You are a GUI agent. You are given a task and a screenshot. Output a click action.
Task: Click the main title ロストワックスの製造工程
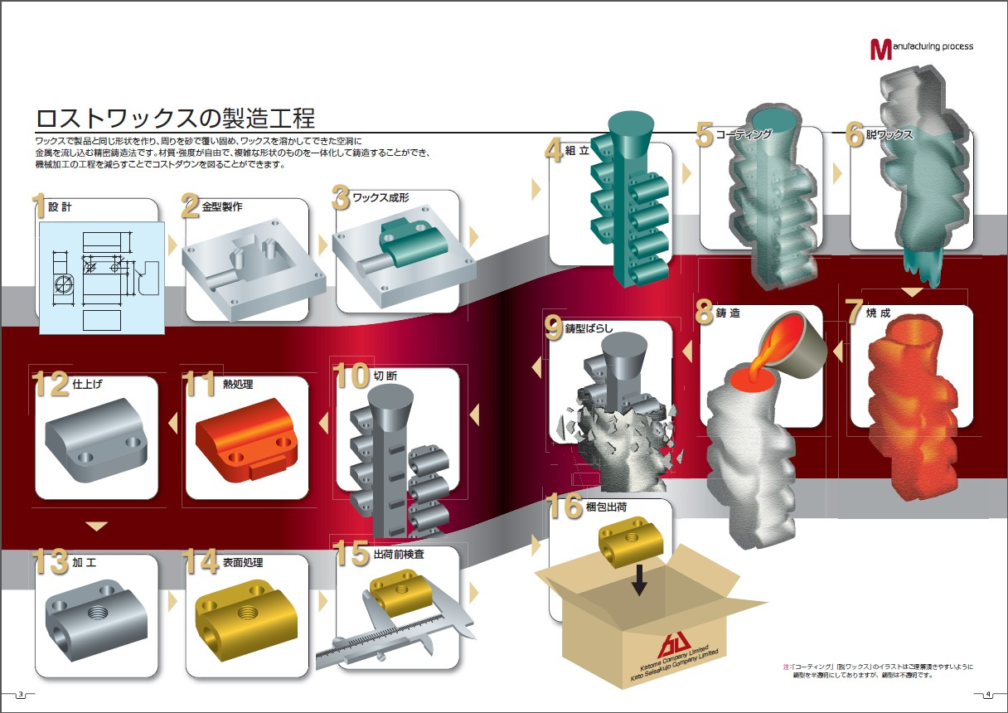[175, 115]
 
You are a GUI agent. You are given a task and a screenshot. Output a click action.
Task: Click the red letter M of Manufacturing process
[880, 49]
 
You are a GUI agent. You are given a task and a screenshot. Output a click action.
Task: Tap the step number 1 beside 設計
[39, 206]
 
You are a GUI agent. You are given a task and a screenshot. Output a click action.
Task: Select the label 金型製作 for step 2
[222, 206]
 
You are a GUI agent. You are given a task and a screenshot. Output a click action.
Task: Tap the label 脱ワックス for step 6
[890, 135]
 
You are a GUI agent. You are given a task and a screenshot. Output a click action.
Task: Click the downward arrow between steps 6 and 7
[912, 292]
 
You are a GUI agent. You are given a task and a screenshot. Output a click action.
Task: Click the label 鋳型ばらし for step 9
[589, 327]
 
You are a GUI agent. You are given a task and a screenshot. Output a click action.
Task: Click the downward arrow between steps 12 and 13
[97, 526]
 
